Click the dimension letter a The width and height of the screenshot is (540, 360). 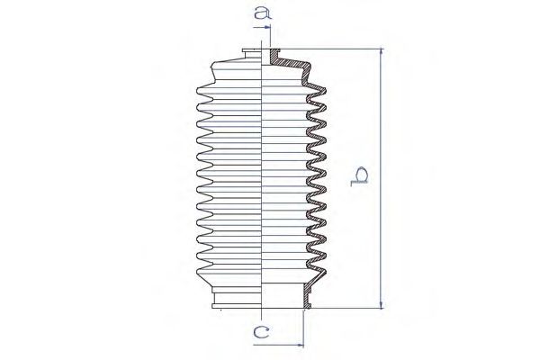tap(263, 13)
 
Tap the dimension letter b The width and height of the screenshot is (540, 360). tap(359, 176)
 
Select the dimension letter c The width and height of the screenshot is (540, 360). tap(261, 332)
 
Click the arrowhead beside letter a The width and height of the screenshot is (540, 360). tap(266, 27)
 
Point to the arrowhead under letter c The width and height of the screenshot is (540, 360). tap(300, 345)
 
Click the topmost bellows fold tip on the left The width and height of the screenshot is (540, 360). tap(198, 90)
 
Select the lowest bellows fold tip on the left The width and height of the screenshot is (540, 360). tap(198, 271)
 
